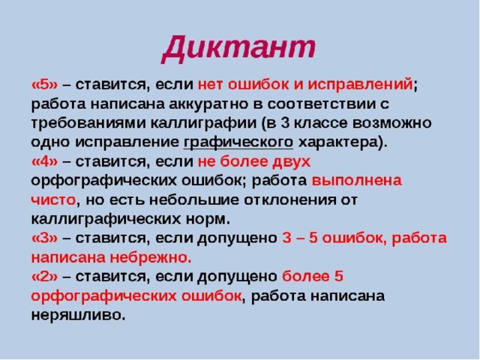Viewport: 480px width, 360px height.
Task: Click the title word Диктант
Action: tap(238, 48)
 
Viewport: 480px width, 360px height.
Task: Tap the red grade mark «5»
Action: tap(44, 84)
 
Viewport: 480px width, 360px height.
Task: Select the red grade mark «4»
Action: tap(44, 161)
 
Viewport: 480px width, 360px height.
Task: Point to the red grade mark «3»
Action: tap(44, 238)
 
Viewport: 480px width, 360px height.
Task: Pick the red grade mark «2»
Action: tap(44, 277)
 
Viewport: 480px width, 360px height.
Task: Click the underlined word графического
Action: tap(238, 142)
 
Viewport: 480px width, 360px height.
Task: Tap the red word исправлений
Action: tap(360, 85)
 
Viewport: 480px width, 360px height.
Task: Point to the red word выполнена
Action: tap(357, 181)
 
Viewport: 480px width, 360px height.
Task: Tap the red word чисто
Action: tap(53, 200)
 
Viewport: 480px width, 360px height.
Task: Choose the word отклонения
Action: tap(292, 200)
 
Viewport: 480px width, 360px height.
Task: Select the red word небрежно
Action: tap(151, 258)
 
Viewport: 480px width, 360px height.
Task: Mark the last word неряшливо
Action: tap(78, 316)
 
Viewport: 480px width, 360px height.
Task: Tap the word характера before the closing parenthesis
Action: tap(337, 142)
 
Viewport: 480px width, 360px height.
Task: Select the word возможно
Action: tap(391, 123)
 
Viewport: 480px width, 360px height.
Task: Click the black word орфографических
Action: tap(103, 181)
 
